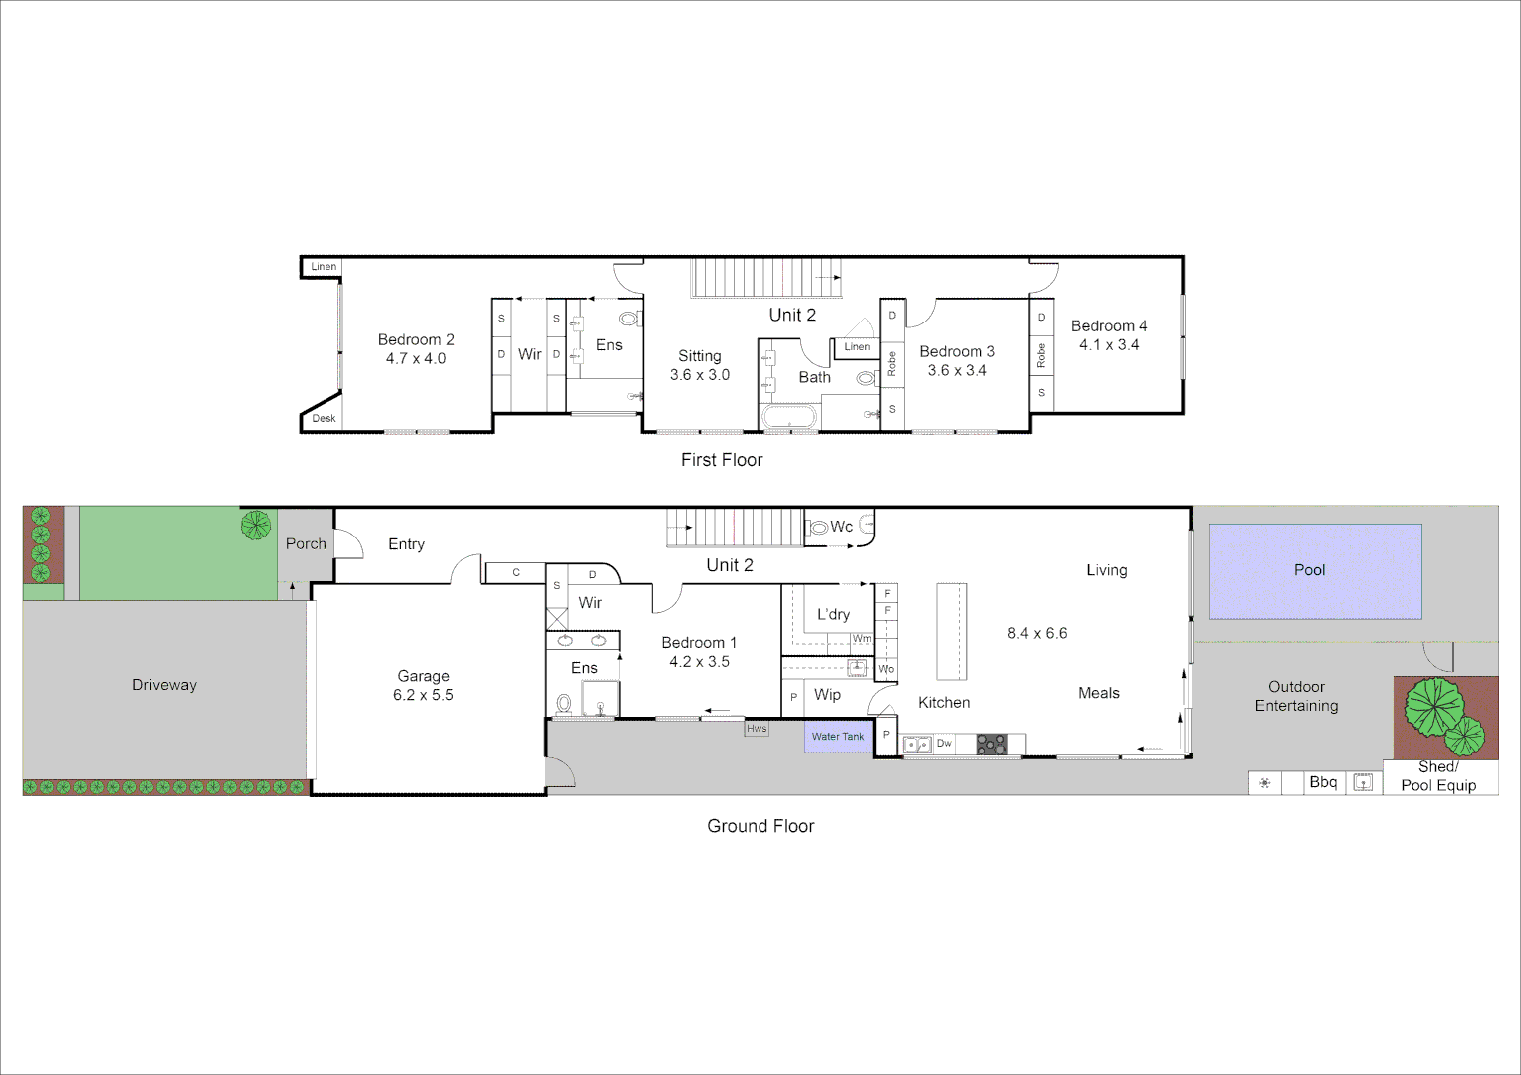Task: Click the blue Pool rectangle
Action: [x=1315, y=571]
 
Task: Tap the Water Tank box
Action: [x=838, y=737]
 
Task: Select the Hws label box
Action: [x=757, y=729]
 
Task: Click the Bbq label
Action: [x=1323, y=782]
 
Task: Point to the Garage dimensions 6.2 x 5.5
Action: [x=423, y=695]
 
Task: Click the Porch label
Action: [x=306, y=543]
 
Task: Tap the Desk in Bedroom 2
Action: [x=324, y=418]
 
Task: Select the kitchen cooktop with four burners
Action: [x=991, y=744]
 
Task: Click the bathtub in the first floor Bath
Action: [x=789, y=417]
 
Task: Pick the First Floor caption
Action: [x=722, y=460]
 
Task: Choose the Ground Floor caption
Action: [x=760, y=826]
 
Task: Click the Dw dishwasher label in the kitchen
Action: [x=944, y=743]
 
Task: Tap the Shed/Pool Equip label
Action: [x=1438, y=776]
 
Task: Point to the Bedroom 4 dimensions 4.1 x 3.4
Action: [x=1109, y=345]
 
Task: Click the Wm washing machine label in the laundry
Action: [x=862, y=639]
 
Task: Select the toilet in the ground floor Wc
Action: [x=818, y=527]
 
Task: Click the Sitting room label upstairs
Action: [x=700, y=356]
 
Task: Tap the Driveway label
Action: [x=164, y=685]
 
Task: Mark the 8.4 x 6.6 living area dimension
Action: [x=1037, y=633]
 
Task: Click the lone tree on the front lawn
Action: [x=256, y=525]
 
